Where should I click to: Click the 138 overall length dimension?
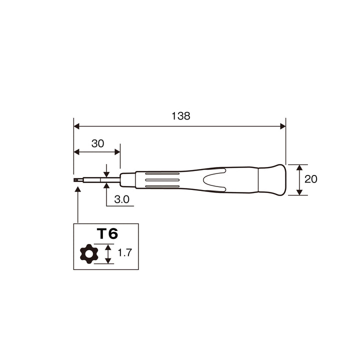click(x=181, y=116)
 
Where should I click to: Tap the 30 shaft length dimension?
click(x=98, y=143)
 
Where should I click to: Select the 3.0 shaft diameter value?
click(x=121, y=199)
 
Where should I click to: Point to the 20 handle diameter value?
click(x=311, y=179)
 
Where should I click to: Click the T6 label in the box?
click(x=107, y=233)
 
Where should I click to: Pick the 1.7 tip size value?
click(x=124, y=252)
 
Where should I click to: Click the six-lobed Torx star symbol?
click(x=89, y=253)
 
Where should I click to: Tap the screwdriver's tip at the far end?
click(x=75, y=180)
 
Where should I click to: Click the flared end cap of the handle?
click(x=272, y=180)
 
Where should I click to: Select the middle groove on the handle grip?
click(x=162, y=180)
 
